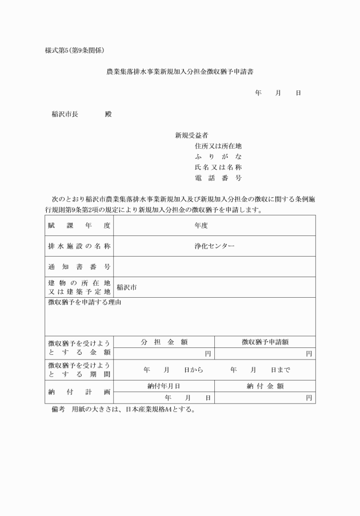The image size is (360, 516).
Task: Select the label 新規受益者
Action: [191, 135]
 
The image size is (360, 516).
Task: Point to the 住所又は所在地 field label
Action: [218, 146]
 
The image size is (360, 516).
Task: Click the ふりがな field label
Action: [218, 157]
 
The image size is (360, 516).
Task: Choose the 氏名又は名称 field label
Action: [218, 167]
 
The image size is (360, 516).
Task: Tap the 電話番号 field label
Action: [218, 178]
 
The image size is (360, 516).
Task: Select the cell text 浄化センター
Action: [214, 246]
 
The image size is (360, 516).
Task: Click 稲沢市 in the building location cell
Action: [126, 287]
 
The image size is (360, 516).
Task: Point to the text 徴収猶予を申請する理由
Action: [85, 302]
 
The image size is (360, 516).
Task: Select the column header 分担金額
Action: [165, 342]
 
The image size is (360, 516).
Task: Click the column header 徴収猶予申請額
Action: [265, 342]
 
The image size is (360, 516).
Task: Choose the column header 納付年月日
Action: [164, 386]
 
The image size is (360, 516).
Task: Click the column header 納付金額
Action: [265, 386]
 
